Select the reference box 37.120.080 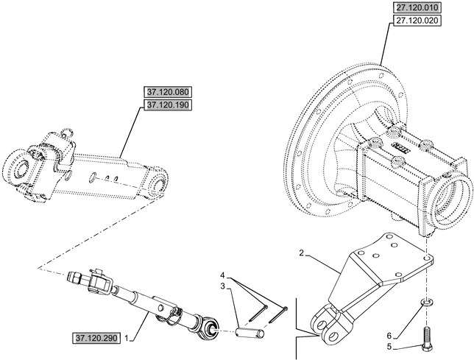click(168, 92)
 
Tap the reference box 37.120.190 click(168, 105)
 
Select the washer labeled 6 click(426, 303)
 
